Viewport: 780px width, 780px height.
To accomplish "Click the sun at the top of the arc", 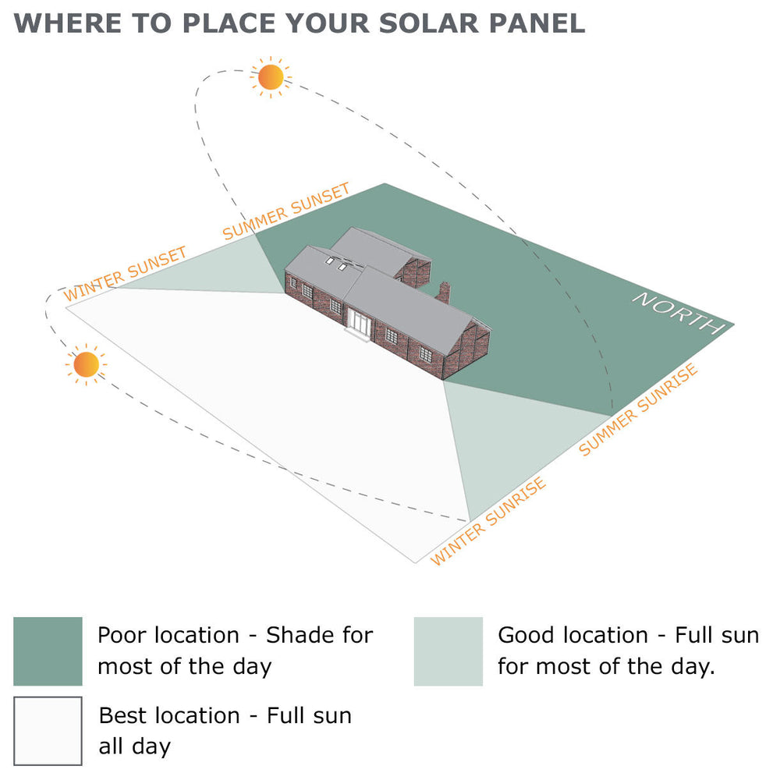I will tap(271, 76).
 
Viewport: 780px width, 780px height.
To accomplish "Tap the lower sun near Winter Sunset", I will tap(86, 363).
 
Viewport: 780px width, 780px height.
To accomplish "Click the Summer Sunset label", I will tap(286, 211).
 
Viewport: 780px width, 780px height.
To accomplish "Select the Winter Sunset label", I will tap(126, 274).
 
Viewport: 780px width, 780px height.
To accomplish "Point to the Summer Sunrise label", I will tap(639, 409).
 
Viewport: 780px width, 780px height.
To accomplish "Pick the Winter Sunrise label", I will tap(489, 521).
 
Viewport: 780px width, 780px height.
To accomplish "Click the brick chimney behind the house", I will tap(443, 292).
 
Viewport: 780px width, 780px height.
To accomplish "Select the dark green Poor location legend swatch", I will tap(48, 651).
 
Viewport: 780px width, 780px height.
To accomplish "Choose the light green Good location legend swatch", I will tap(448, 651).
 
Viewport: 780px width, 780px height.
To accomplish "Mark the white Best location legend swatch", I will tap(48, 731).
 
